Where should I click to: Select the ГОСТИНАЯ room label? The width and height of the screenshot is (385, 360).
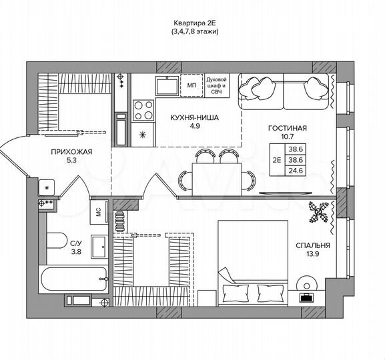click(x=287, y=128)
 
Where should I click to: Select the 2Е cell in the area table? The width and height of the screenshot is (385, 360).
click(x=276, y=160)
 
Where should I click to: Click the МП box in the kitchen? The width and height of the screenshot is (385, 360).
click(x=191, y=85)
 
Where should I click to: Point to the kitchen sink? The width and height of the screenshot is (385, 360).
click(x=164, y=85)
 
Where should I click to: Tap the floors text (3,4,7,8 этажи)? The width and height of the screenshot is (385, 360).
click(x=194, y=31)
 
